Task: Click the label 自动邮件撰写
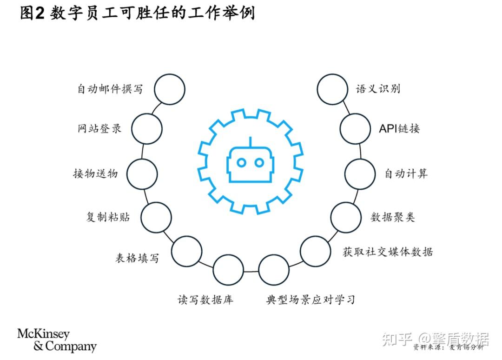[110, 89]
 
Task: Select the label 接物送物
[95, 173]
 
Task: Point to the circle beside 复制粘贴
[156, 217]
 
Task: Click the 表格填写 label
[137, 258]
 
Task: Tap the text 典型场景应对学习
[310, 299]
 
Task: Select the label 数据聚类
[393, 217]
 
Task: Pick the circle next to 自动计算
[360, 173]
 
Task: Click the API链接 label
[399, 128]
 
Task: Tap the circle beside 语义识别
[332, 89]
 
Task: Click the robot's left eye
[242, 162]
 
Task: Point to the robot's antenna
[251, 141]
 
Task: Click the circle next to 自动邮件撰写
[169, 89]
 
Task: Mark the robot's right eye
[259, 162]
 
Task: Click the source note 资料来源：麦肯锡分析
[448, 347]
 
